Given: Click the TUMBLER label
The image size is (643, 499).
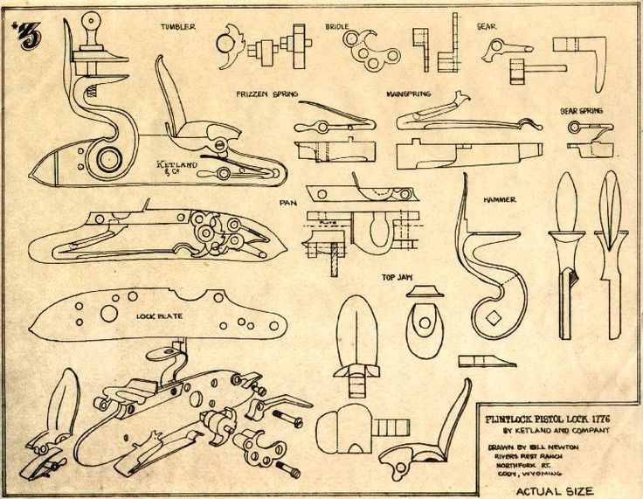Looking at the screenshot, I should click(177, 27).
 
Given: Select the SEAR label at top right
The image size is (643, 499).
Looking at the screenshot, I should click(486, 27).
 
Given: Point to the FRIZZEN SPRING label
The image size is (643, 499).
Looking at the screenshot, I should click(266, 93).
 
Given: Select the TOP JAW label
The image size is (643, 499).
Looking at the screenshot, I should click(396, 278).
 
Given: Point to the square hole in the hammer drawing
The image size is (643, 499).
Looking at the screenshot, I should click(496, 315).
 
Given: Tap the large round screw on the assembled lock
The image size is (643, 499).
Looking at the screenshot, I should click(110, 160).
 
